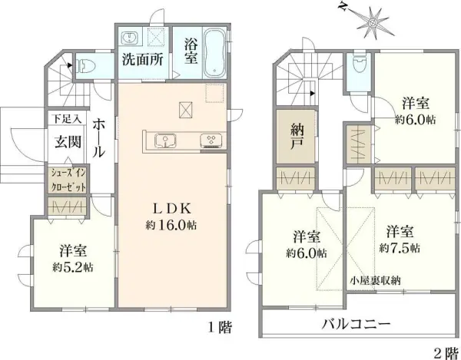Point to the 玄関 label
(x=68, y=140)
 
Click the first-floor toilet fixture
(x=85, y=64)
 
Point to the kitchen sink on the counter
(x=164, y=140)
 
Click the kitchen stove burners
(x=210, y=140)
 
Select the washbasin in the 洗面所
(x=128, y=37)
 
